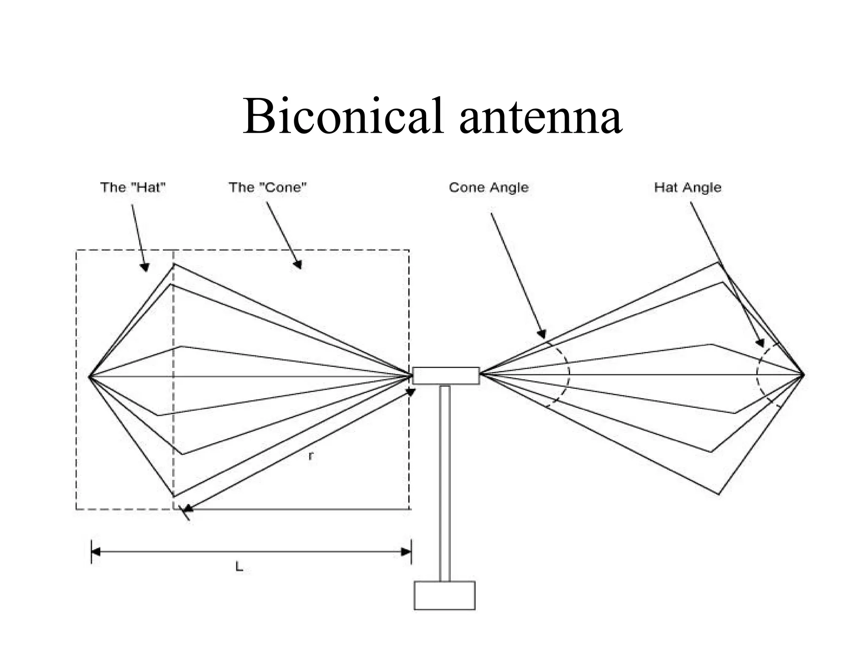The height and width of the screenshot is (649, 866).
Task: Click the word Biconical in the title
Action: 343,116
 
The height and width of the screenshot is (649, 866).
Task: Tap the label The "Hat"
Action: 132,187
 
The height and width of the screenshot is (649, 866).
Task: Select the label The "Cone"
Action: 267,187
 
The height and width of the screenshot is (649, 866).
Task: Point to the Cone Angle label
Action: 488,187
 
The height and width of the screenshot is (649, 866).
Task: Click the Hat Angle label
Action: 687,187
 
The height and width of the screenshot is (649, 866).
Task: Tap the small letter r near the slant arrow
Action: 311,456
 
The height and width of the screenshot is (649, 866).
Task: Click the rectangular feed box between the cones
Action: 446,376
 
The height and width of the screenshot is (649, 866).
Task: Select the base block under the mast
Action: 444,595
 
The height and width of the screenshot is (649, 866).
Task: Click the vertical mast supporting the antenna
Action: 444,482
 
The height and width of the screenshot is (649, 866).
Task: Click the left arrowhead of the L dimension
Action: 96,552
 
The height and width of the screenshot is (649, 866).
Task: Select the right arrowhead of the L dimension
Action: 406,552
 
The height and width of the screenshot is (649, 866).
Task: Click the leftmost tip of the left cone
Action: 90,376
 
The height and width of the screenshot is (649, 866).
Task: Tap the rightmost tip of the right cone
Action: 803,374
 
